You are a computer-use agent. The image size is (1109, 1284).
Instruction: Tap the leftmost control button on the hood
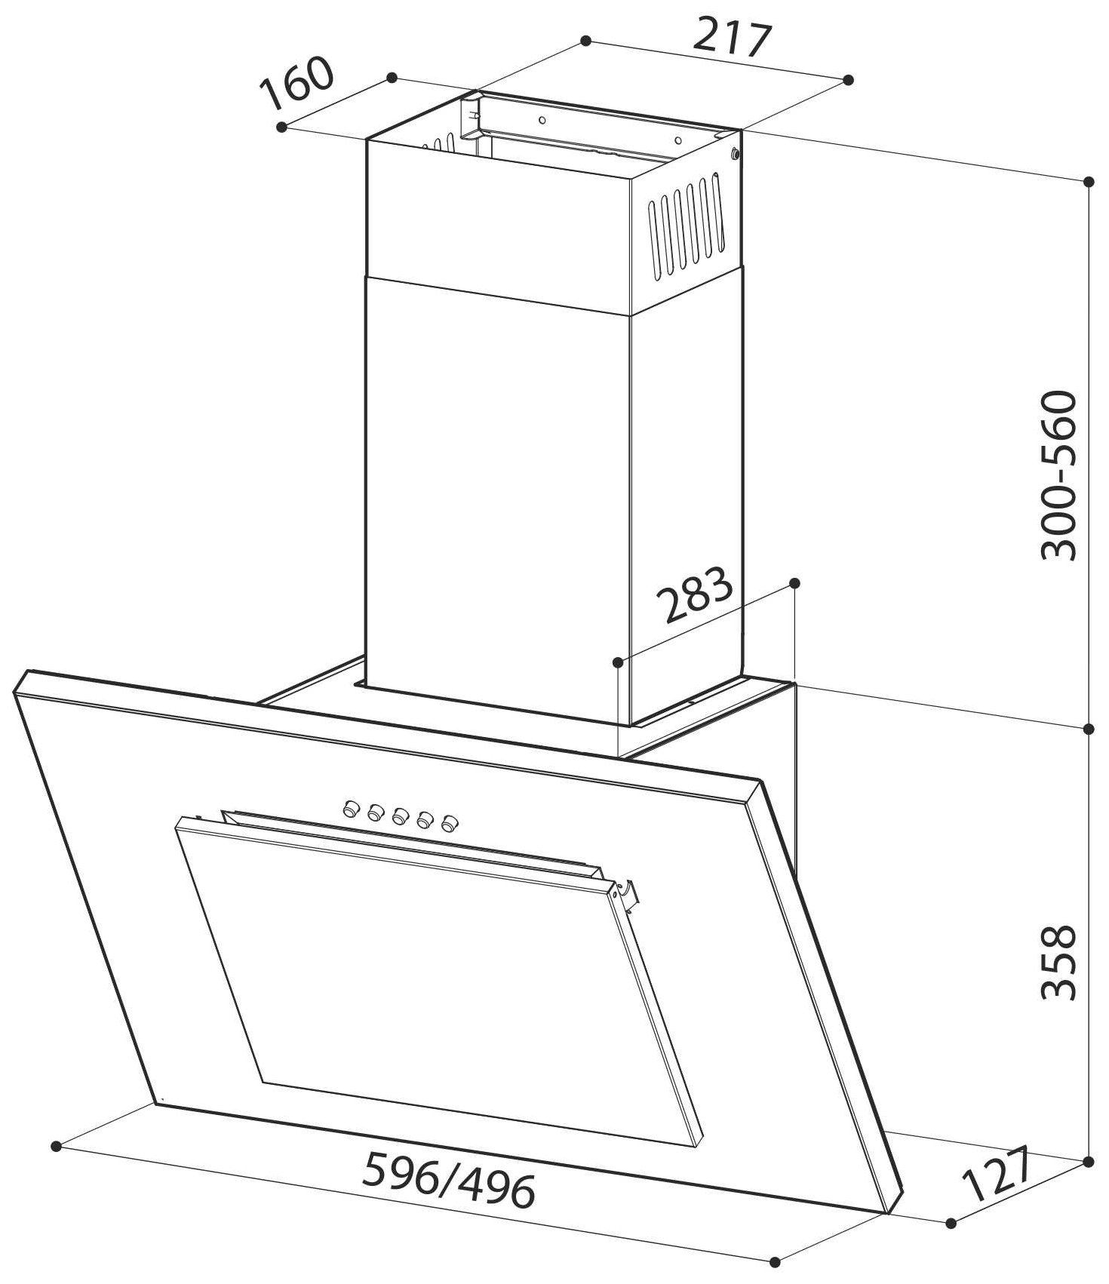350,809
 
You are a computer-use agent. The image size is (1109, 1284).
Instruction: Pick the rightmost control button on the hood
451,823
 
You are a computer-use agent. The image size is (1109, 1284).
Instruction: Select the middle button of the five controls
401,816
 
